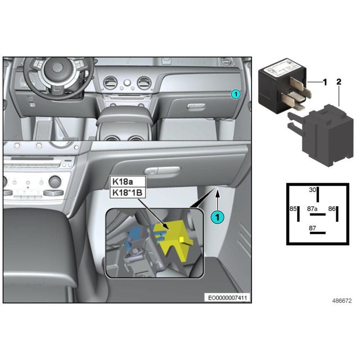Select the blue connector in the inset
(x=135, y=236)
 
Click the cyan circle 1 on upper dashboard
(x=235, y=94)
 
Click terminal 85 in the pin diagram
(x=293, y=209)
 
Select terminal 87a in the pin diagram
(x=313, y=209)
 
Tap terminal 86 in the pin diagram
(x=332, y=209)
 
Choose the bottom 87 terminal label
(x=313, y=228)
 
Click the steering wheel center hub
(x=58, y=68)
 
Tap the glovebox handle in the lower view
(x=157, y=170)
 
